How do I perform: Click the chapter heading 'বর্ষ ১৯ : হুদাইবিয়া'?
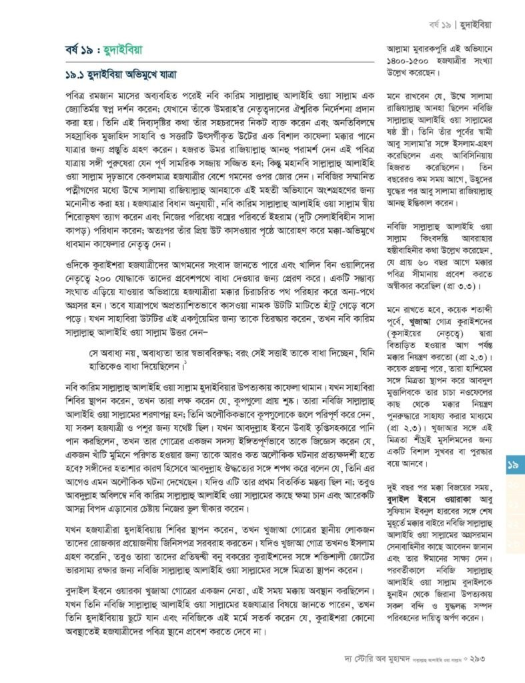[103, 49]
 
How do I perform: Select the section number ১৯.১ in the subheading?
[79, 75]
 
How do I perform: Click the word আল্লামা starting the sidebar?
[402, 48]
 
